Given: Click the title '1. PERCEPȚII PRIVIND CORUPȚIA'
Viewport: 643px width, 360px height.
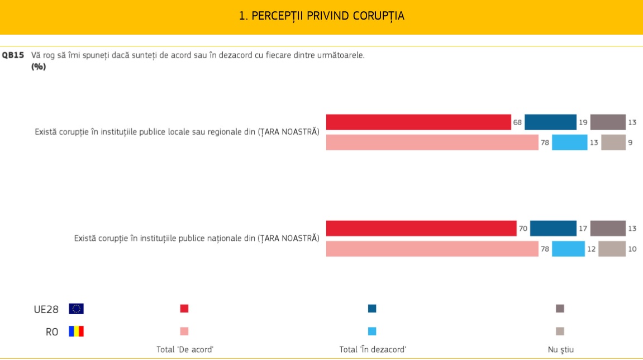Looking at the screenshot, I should pos(321,16).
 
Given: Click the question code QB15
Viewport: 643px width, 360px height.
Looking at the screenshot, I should pos(12,55).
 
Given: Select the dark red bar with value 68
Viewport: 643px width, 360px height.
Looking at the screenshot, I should pos(418,122).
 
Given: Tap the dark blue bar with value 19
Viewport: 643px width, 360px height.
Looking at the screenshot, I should pos(550,122).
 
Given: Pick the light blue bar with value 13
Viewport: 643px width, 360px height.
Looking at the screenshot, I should pos(569,143).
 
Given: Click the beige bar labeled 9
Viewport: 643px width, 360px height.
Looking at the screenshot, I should pos(613,143).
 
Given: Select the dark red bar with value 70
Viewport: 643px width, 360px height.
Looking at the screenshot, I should pos(421,228).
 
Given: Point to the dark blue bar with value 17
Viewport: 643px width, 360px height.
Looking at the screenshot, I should pos(553,228).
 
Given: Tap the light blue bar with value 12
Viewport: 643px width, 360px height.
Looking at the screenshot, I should pos(568,249).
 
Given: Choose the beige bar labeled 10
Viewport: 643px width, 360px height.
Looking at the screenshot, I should pos(612,249).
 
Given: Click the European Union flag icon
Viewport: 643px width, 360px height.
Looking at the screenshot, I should pos(77,309).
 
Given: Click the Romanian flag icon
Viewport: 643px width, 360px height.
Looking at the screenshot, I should pos(77,331).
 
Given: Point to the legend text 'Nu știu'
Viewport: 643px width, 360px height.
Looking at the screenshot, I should pos(560,350).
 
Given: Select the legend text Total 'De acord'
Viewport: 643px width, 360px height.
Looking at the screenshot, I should pos(185,350).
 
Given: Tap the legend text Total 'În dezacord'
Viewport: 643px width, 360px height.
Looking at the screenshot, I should pos(373,350).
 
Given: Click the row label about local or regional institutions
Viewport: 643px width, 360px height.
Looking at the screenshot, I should pos(177,132).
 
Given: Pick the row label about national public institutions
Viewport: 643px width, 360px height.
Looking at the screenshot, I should pos(197,238).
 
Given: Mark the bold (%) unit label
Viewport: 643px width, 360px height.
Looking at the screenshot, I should pos(39,67).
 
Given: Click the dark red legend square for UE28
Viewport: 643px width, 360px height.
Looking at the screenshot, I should pos(184,309).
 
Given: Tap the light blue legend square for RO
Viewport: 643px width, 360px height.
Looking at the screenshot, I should pos(372,331).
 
